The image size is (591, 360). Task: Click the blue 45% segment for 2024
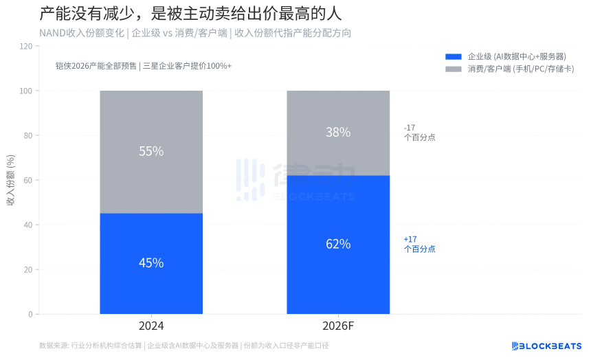(x=151, y=263)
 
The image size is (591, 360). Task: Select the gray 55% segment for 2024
(x=151, y=152)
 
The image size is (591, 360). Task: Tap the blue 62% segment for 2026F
(x=338, y=244)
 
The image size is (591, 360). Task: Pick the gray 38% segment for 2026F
(x=338, y=133)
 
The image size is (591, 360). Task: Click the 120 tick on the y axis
(x=26, y=46)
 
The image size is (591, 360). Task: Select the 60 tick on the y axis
(x=28, y=180)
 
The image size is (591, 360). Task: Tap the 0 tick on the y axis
(x=30, y=314)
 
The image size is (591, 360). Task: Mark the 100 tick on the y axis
(x=26, y=91)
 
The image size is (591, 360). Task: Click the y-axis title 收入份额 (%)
(x=11, y=180)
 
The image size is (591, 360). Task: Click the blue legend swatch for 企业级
(x=454, y=56)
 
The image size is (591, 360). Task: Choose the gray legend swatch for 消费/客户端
(x=454, y=69)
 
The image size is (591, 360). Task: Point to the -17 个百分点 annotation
(x=419, y=132)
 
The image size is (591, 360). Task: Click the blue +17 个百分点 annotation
(x=419, y=244)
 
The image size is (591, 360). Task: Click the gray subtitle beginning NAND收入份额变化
(x=195, y=32)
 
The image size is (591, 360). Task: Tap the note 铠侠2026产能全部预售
(x=144, y=66)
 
